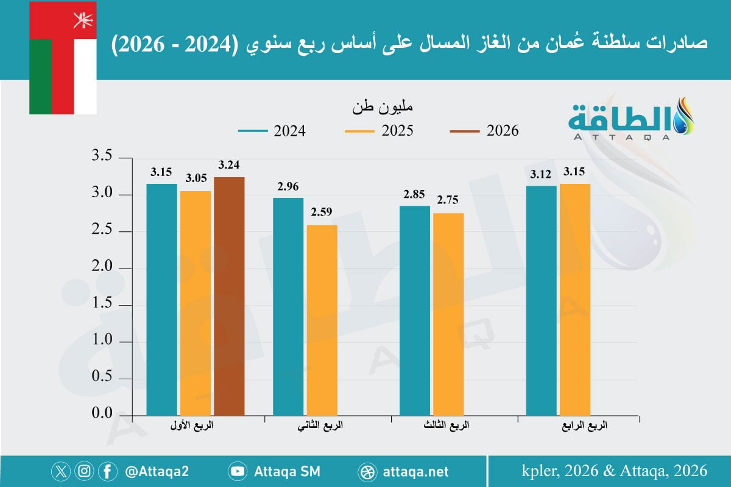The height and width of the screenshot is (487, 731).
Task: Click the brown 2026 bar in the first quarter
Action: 229,295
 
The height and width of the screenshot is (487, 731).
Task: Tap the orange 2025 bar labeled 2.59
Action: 322,320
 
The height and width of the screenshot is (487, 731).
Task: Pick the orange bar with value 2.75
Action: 448,314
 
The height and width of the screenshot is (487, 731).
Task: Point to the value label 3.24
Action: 229,165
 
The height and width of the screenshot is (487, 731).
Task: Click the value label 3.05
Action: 196,178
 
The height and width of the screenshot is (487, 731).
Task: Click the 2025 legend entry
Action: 378,131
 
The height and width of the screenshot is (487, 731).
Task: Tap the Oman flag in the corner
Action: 63,58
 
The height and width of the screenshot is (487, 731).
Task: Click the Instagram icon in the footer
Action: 84,471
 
